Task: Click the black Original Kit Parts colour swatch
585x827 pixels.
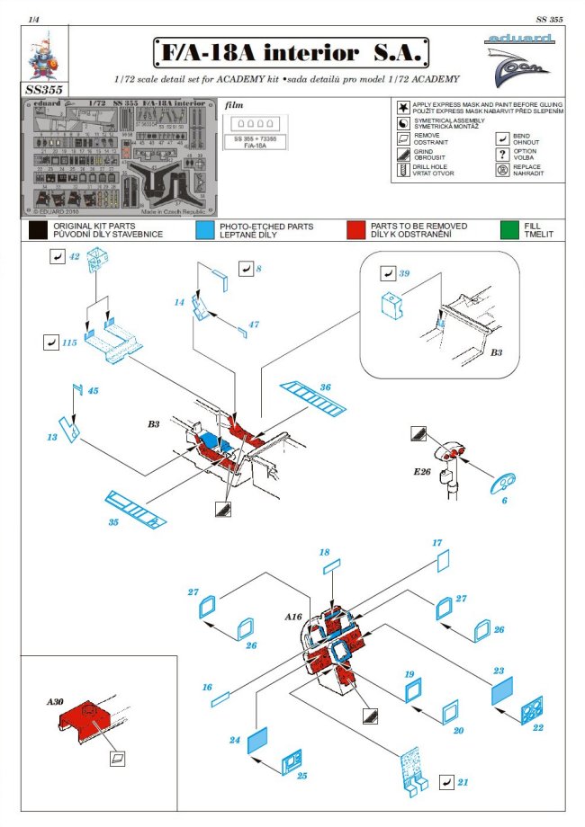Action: pyautogui.click(x=38, y=229)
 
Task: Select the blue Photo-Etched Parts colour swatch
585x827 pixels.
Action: pyautogui.click(x=203, y=229)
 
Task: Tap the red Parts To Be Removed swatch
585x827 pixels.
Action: pyautogui.click(x=355, y=229)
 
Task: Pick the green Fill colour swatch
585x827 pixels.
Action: pyautogui.click(x=510, y=229)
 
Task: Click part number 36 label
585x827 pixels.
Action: pyautogui.click(x=325, y=387)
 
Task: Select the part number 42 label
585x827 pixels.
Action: pyautogui.click(x=75, y=256)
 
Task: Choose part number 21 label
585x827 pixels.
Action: pyautogui.click(x=463, y=783)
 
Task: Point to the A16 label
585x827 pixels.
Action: pyautogui.click(x=293, y=618)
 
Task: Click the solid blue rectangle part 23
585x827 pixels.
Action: pyautogui.click(x=502, y=691)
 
